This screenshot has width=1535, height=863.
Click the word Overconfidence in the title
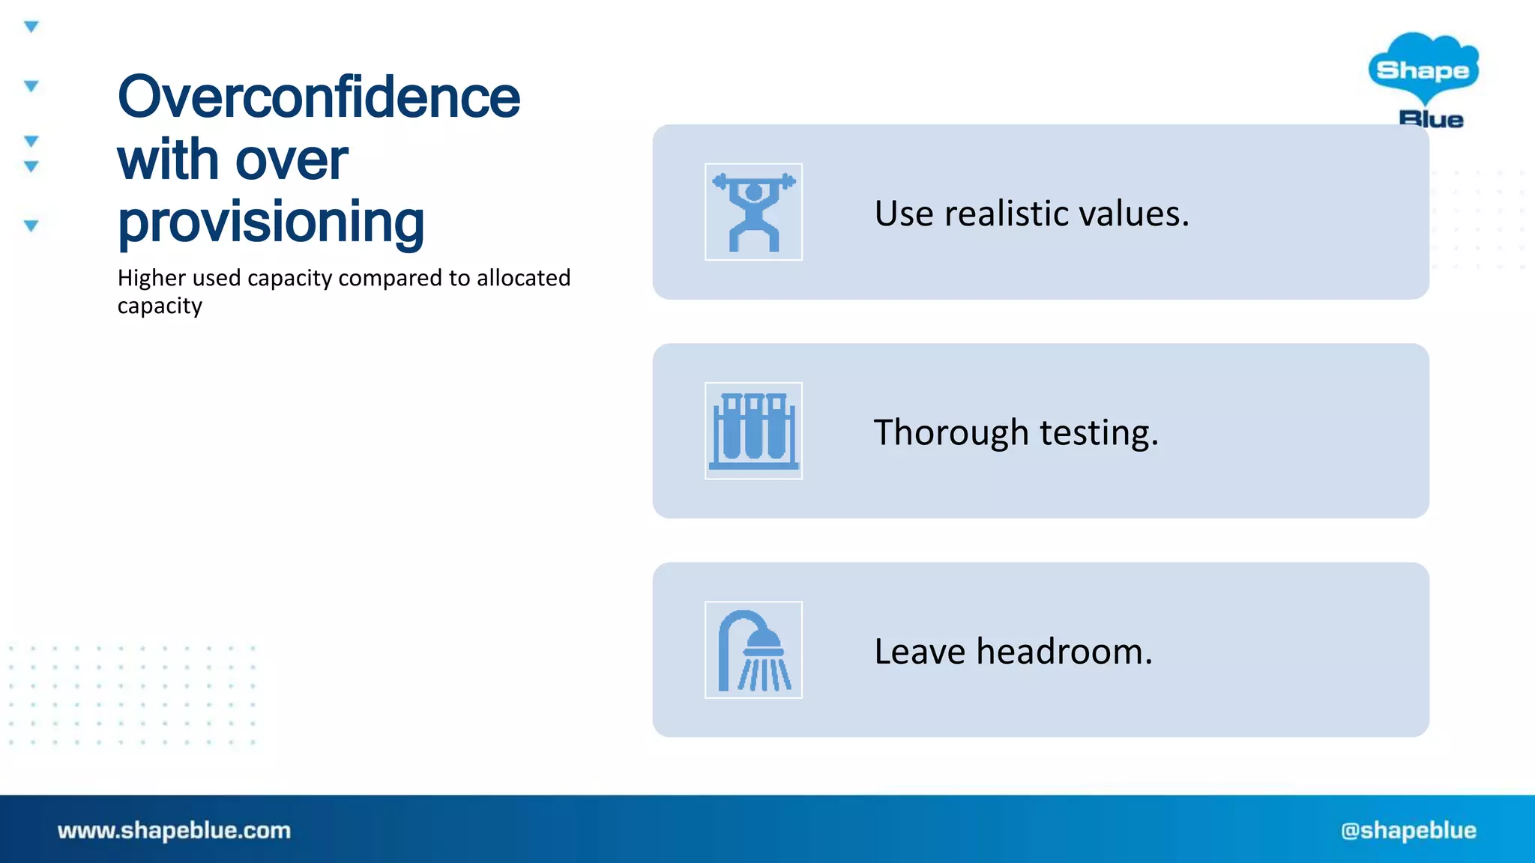[x=319, y=98]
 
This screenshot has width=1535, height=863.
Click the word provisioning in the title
[x=271, y=222]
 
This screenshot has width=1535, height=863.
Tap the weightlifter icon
[x=753, y=212]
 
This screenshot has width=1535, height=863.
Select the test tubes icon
[x=753, y=431]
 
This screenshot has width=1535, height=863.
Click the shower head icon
[x=753, y=650]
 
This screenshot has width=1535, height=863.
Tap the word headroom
[x=1064, y=652]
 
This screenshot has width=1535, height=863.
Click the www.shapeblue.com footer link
[x=174, y=830]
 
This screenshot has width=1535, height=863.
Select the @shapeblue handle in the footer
[x=1408, y=830]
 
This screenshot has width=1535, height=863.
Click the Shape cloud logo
[x=1423, y=69]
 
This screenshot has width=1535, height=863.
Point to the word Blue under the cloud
[x=1431, y=119]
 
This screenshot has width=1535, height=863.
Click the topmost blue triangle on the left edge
[x=31, y=27]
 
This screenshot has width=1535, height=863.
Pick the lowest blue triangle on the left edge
[x=31, y=225]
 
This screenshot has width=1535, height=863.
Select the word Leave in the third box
[x=919, y=652]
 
